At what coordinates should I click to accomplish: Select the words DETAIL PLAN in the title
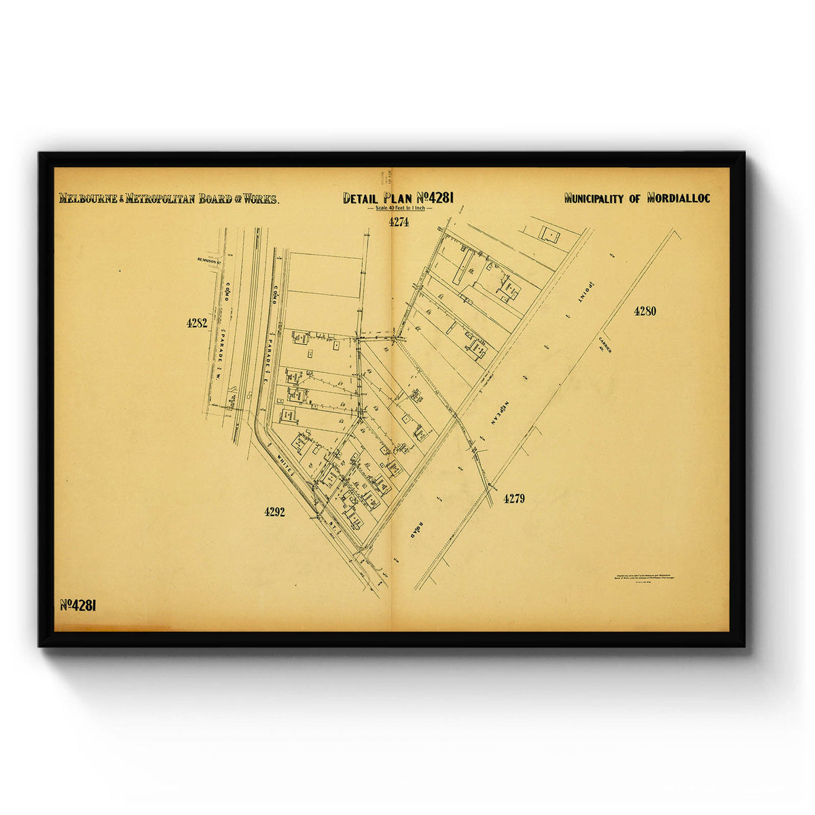click(x=378, y=198)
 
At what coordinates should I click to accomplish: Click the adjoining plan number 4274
click(x=399, y=222)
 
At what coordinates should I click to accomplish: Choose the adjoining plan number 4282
click(x=197, y=323)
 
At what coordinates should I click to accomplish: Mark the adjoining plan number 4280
click(x=645, y=311)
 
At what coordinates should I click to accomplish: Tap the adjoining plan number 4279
click(x=514, y=499)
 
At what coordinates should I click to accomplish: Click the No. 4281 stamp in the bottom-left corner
click(x=78, y=606)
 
